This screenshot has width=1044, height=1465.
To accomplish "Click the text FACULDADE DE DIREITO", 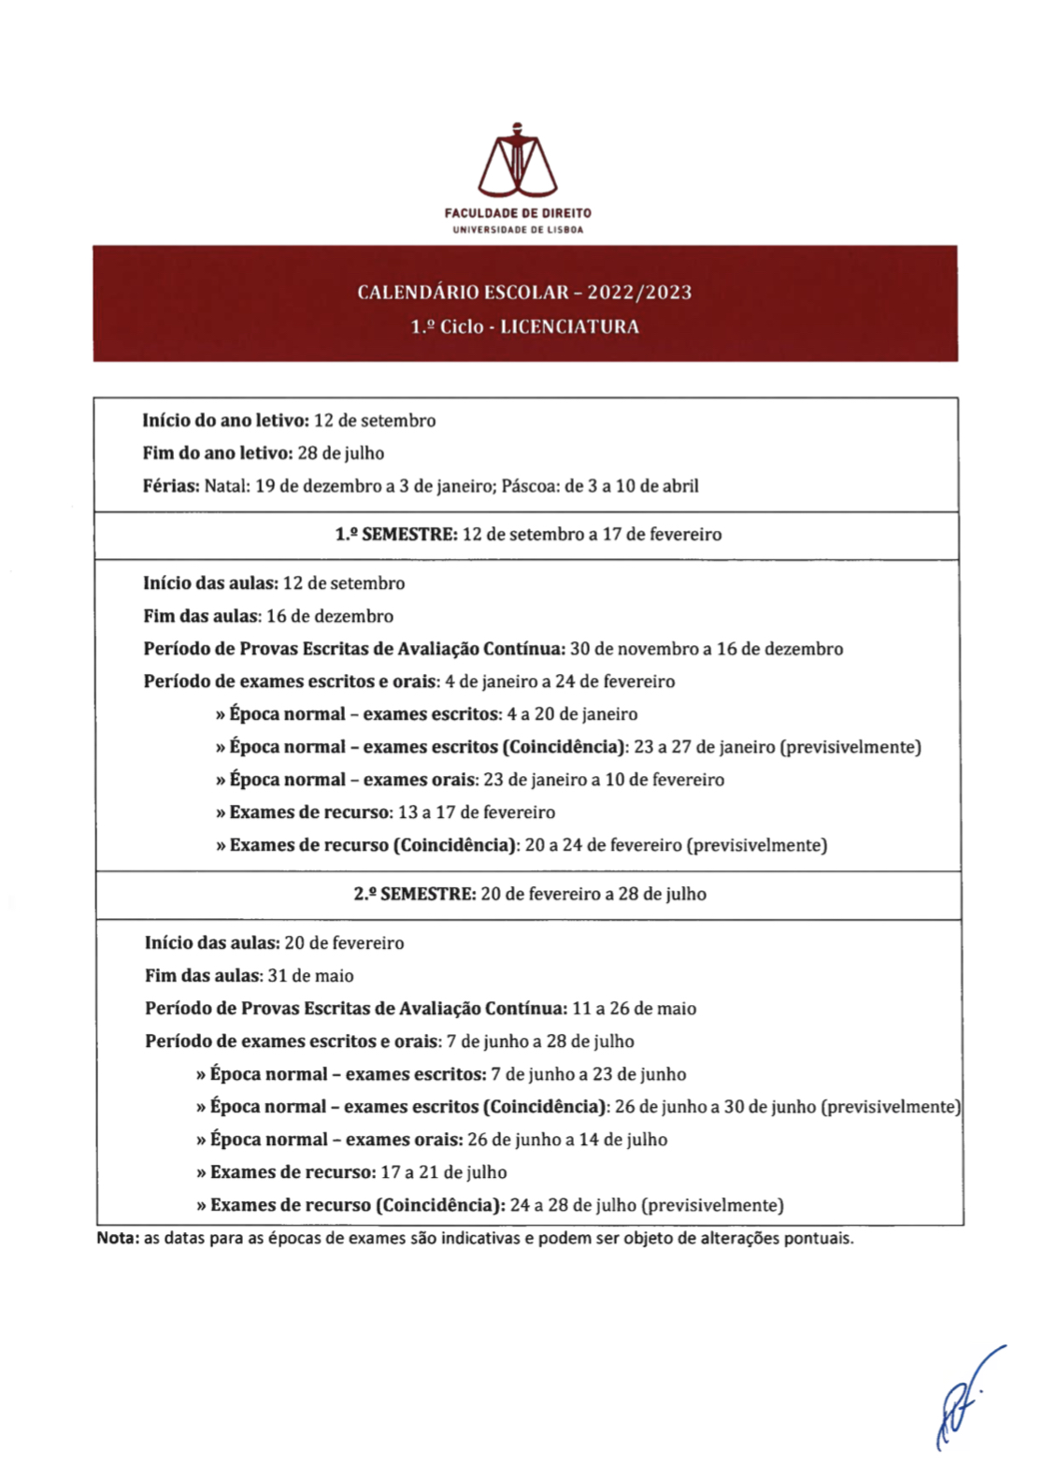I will tap(518, 213).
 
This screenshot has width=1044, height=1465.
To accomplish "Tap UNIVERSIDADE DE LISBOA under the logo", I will tap(518, 230).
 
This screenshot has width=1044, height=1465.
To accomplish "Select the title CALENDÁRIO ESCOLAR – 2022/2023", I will tap(524, 292).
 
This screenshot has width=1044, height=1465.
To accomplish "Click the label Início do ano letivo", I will tap(225, 421).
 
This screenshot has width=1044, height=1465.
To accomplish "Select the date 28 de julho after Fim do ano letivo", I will tap(341, 453).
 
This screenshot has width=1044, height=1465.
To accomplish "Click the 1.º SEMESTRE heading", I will tap(395, 535).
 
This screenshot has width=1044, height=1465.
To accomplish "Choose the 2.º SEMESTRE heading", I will tap(414, 895).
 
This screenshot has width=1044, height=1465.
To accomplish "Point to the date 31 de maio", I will tap(311, 976).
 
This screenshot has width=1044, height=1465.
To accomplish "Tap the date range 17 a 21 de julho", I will tap(444, 1172).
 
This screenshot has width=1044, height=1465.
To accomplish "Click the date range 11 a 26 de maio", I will tap(635, 1009).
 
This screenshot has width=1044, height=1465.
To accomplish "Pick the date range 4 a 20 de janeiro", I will tap(573, 714).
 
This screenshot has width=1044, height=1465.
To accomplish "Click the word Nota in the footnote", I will tap(117, 1239).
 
